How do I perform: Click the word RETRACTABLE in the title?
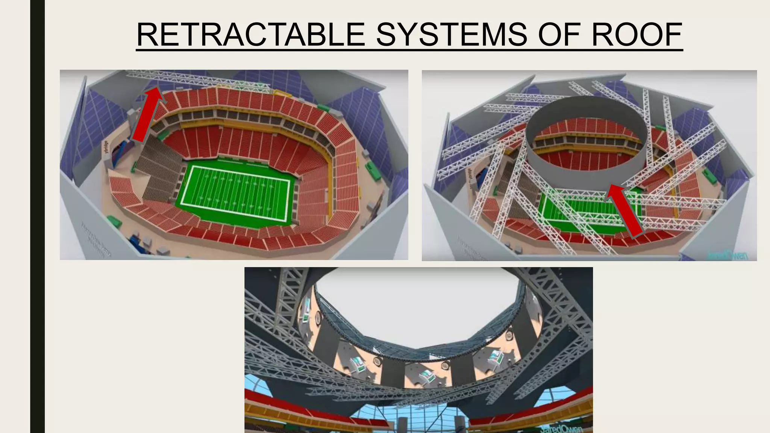(250, 35)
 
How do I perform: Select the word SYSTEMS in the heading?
(451, 35)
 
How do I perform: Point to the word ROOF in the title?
(637, 35)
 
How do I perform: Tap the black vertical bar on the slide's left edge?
(37, 216)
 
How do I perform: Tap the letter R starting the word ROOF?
(602, 35)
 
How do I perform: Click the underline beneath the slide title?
(409, 49)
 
